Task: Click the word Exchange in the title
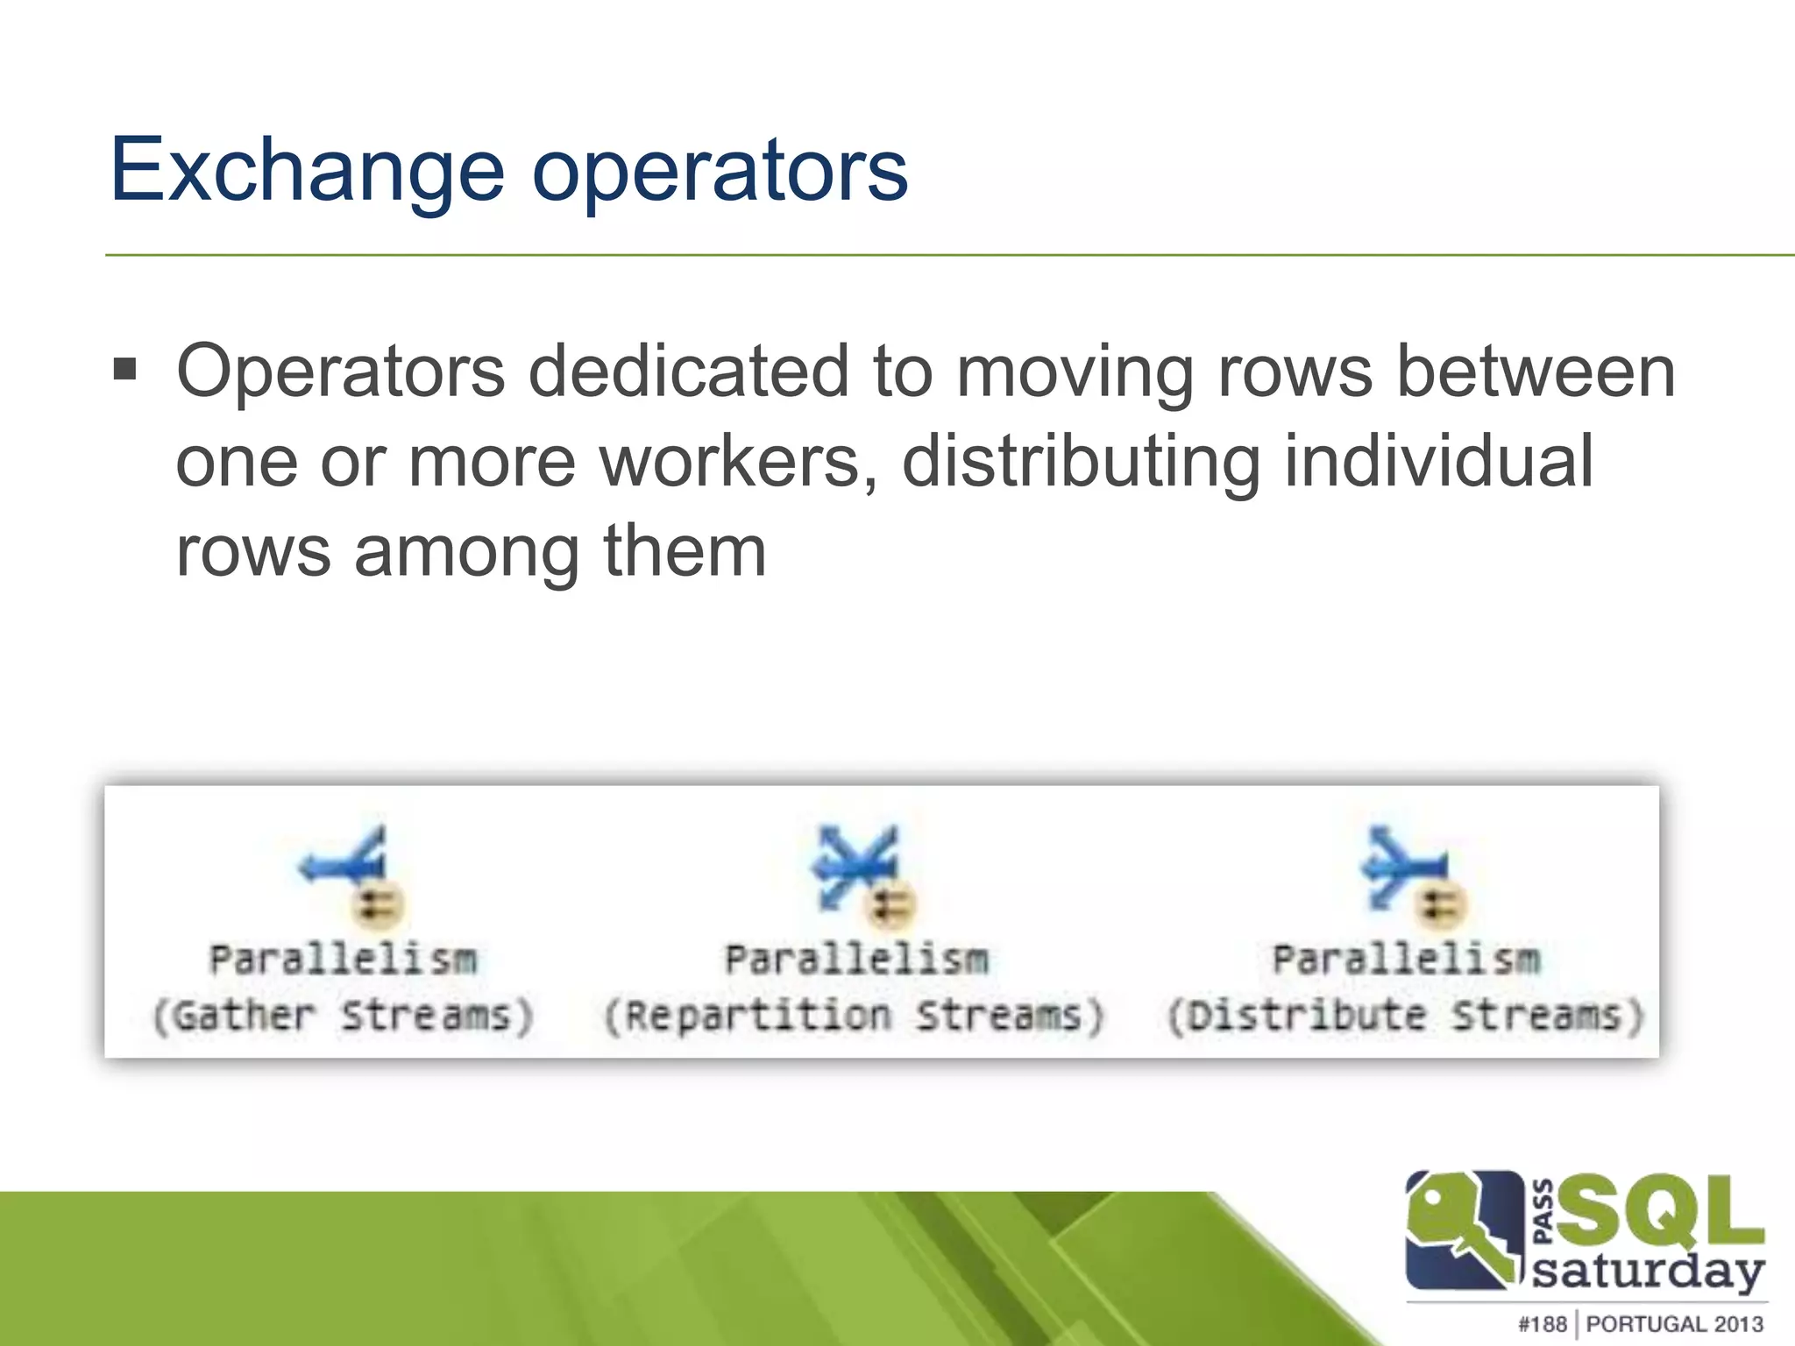(307, 171)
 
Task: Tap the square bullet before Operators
(125, 369)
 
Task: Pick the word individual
(1438, 462)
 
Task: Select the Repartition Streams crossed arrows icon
(855, 863)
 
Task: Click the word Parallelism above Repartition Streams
(856, 960)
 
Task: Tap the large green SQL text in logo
(1659, 1211)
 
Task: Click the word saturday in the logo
(1648, 1271)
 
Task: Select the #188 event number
(1542, 1324)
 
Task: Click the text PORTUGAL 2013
(1674, 1324)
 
